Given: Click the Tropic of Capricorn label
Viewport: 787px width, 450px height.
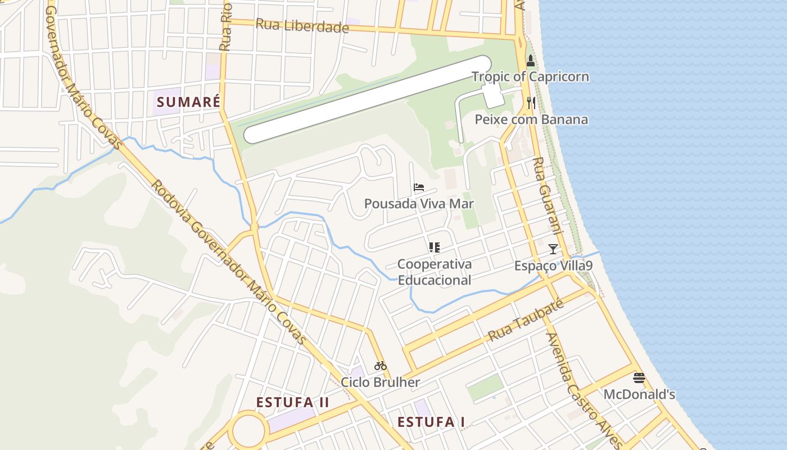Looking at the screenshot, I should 530,76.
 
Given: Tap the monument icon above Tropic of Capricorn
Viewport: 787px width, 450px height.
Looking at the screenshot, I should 530,61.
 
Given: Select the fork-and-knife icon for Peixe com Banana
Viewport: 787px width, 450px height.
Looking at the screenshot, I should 531,103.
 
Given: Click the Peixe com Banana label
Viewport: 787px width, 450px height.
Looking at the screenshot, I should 531,119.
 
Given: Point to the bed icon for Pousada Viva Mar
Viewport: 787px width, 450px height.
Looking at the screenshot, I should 419,187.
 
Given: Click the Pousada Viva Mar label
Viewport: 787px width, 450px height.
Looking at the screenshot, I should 419,204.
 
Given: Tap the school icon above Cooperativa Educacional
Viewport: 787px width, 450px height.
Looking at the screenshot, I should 434,247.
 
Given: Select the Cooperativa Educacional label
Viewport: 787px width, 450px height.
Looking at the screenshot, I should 435,272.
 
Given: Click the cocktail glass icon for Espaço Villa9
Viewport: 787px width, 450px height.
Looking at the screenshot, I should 553,249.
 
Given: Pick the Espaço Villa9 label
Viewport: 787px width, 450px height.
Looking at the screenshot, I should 553,265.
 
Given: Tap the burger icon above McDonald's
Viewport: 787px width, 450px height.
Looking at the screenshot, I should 639,377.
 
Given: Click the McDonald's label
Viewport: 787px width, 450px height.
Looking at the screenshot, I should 639,394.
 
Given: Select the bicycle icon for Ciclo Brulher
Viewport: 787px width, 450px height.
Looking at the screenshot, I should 381,366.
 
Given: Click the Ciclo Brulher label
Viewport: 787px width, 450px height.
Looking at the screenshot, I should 381,382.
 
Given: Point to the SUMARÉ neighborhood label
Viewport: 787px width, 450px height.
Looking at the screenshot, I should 188,102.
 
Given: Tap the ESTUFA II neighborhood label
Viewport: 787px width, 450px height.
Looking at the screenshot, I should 293,402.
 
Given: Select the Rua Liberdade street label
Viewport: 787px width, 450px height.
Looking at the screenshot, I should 302,26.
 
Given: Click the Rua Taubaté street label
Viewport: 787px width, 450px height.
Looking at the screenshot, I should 526,321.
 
